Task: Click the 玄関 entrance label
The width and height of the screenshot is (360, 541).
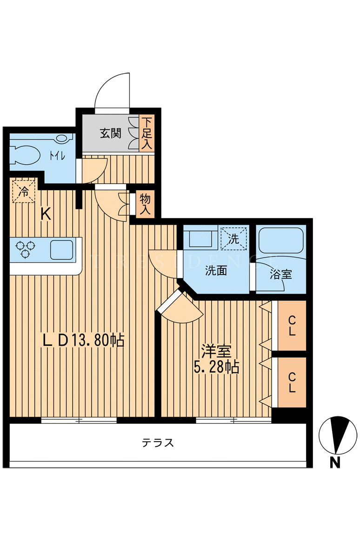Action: click(x=111, y=133)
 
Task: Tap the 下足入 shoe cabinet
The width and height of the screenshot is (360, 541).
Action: click(x=147, y=133)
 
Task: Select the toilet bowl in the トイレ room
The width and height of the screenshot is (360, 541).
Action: click(x=24, y=155)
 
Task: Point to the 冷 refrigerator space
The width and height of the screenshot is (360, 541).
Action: click(x=24, y=191)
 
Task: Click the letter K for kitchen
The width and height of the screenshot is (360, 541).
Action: click(x=46, y=215)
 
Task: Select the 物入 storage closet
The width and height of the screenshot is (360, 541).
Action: click(x=145, y=204)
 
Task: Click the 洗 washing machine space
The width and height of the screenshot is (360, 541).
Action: click(x=233, y=238)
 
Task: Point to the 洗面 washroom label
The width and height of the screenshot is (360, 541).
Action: click(x=216, y=270)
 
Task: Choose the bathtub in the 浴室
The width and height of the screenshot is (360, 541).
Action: click(x=280, y=240)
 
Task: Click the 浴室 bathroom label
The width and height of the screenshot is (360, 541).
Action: click(x=280, y=274)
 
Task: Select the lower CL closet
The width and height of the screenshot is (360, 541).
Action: click(x=292, y=382)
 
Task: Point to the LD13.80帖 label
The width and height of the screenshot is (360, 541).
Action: click(x=83, y=341)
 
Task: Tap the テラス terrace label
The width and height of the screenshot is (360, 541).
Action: click(x=158, y=442)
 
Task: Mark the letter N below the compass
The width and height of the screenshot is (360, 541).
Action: click(x=335, y=462)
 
